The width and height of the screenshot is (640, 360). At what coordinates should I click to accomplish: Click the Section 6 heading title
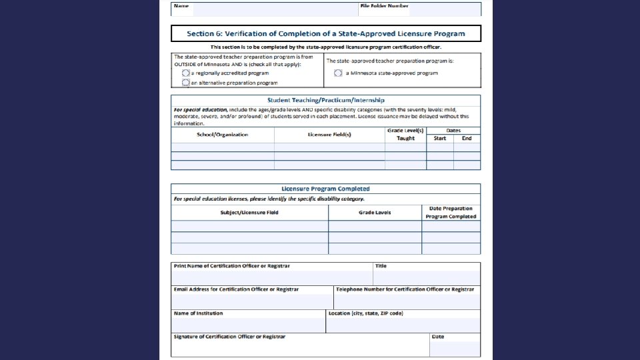pos(325,33)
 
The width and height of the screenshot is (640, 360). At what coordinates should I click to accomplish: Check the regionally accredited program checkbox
pos(186,73)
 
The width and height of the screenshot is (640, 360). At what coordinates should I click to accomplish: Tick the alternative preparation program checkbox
pos(186,83)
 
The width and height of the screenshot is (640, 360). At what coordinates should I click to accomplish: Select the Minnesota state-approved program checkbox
pos(338,73)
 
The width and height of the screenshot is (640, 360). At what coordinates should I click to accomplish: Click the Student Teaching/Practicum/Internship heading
pos(325,100)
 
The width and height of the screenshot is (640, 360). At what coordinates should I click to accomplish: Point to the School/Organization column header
pos(222,135)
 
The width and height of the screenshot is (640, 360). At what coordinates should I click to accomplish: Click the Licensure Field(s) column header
pos(329,135)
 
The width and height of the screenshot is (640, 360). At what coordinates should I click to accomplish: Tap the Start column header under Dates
pos(440,138)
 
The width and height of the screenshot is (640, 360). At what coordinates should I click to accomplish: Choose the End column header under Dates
pos(467,138)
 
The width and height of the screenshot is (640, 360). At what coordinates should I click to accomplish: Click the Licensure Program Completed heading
pos(325,189)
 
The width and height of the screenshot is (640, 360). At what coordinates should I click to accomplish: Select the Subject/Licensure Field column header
pos(249,213)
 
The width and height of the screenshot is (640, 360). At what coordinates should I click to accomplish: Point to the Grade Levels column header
pos(375,213)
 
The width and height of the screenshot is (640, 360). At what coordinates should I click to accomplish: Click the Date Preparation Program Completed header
pos(451,213)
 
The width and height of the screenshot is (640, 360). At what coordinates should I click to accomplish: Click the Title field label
pos(381,266)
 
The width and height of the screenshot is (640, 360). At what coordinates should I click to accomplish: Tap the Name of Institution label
pos(198,313)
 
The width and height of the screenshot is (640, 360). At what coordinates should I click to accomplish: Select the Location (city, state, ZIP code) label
pos(365,313)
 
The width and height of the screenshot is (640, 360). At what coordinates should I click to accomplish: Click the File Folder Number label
pos(384,5)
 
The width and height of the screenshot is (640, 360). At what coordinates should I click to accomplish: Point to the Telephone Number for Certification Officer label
pos(405,289)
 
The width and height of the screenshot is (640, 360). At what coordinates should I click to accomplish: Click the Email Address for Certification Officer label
pos(236,289)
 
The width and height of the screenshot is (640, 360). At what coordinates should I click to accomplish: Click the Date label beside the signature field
pos(437,336)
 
